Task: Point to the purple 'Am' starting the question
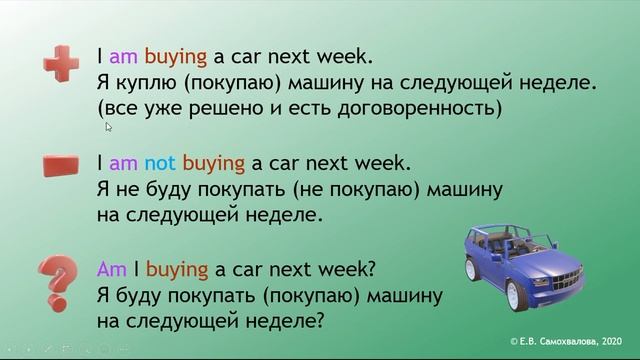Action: (x=109, y=270)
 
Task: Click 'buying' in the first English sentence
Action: (x=174, y=57)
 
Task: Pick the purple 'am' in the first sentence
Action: (x=122, y=57)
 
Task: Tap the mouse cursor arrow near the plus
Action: (x=108, y=127)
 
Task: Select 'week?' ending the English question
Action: (x=345, y=270)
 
